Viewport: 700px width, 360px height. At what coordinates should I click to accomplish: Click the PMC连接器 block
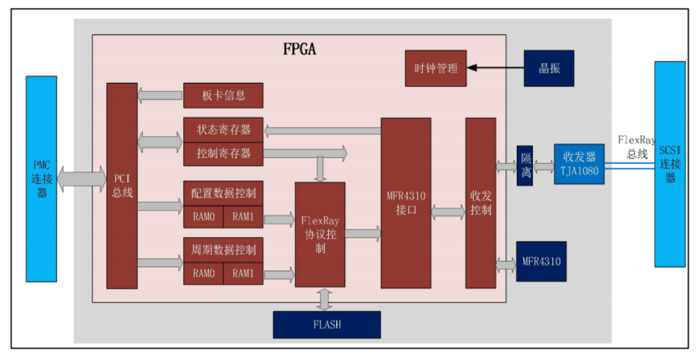41,178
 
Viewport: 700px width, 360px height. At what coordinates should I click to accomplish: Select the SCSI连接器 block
670,164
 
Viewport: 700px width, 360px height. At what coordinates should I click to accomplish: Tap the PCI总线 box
122,186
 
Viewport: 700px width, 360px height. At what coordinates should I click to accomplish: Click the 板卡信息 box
223,95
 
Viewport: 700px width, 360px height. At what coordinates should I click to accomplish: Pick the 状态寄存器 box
223,129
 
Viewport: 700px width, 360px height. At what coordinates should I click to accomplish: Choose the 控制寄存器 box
223,154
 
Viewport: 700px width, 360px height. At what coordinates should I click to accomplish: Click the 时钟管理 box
435,68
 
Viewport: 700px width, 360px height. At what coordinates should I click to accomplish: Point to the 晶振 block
548,68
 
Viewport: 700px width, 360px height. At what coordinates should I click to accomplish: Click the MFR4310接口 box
405,203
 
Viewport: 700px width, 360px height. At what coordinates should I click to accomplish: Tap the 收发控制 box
480,203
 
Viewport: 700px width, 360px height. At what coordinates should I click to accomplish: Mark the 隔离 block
525,166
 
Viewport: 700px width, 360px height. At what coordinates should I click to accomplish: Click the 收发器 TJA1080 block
579,164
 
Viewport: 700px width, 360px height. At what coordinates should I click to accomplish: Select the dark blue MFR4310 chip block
541,262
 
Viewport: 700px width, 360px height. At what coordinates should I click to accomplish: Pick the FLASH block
326,324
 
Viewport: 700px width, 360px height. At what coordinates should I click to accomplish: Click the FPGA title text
300,49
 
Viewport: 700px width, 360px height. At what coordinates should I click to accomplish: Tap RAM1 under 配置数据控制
243,218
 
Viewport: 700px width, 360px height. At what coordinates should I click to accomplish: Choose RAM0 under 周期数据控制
203,273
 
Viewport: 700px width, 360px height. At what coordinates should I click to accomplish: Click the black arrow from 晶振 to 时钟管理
495,67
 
